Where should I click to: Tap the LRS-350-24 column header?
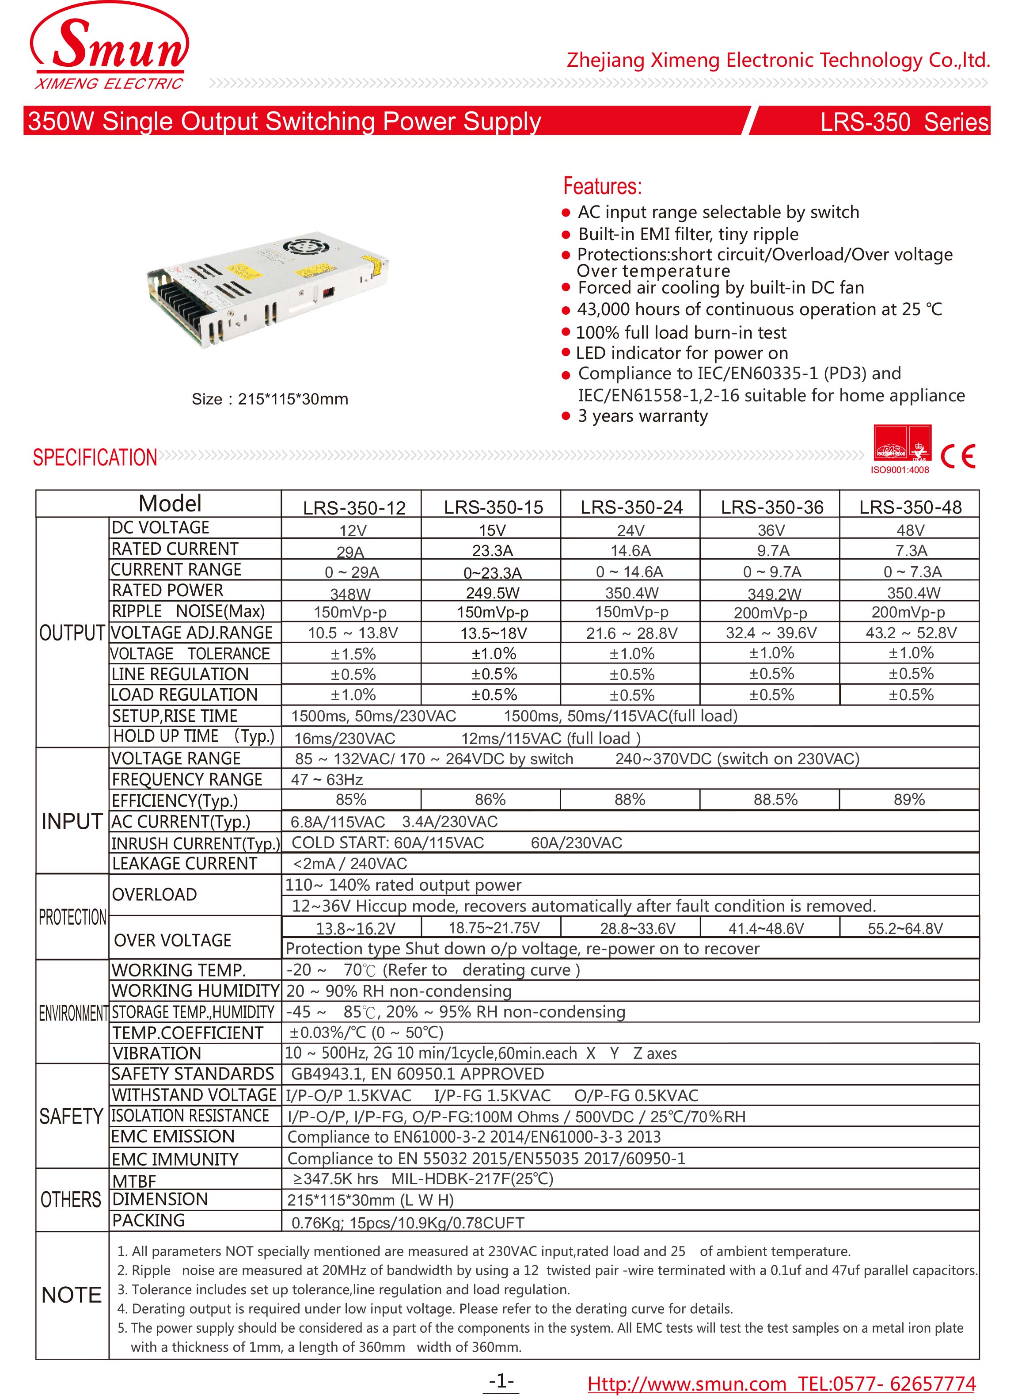[631, 507]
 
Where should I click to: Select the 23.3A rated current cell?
[492, 550]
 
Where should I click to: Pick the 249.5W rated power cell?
[492, 592]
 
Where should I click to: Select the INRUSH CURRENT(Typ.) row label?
[195, 843]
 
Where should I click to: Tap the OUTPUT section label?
[71, 633]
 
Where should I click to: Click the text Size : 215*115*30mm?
[270, 399]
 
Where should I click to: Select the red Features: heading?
[602, 187]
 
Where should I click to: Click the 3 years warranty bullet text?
[642, 416]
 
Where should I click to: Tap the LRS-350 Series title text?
[904, 121]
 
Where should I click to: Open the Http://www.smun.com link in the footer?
[686, 1384]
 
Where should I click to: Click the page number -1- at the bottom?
[501, 1380]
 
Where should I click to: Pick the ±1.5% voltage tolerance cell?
[353, 654]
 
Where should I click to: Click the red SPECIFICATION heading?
[95, 457]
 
